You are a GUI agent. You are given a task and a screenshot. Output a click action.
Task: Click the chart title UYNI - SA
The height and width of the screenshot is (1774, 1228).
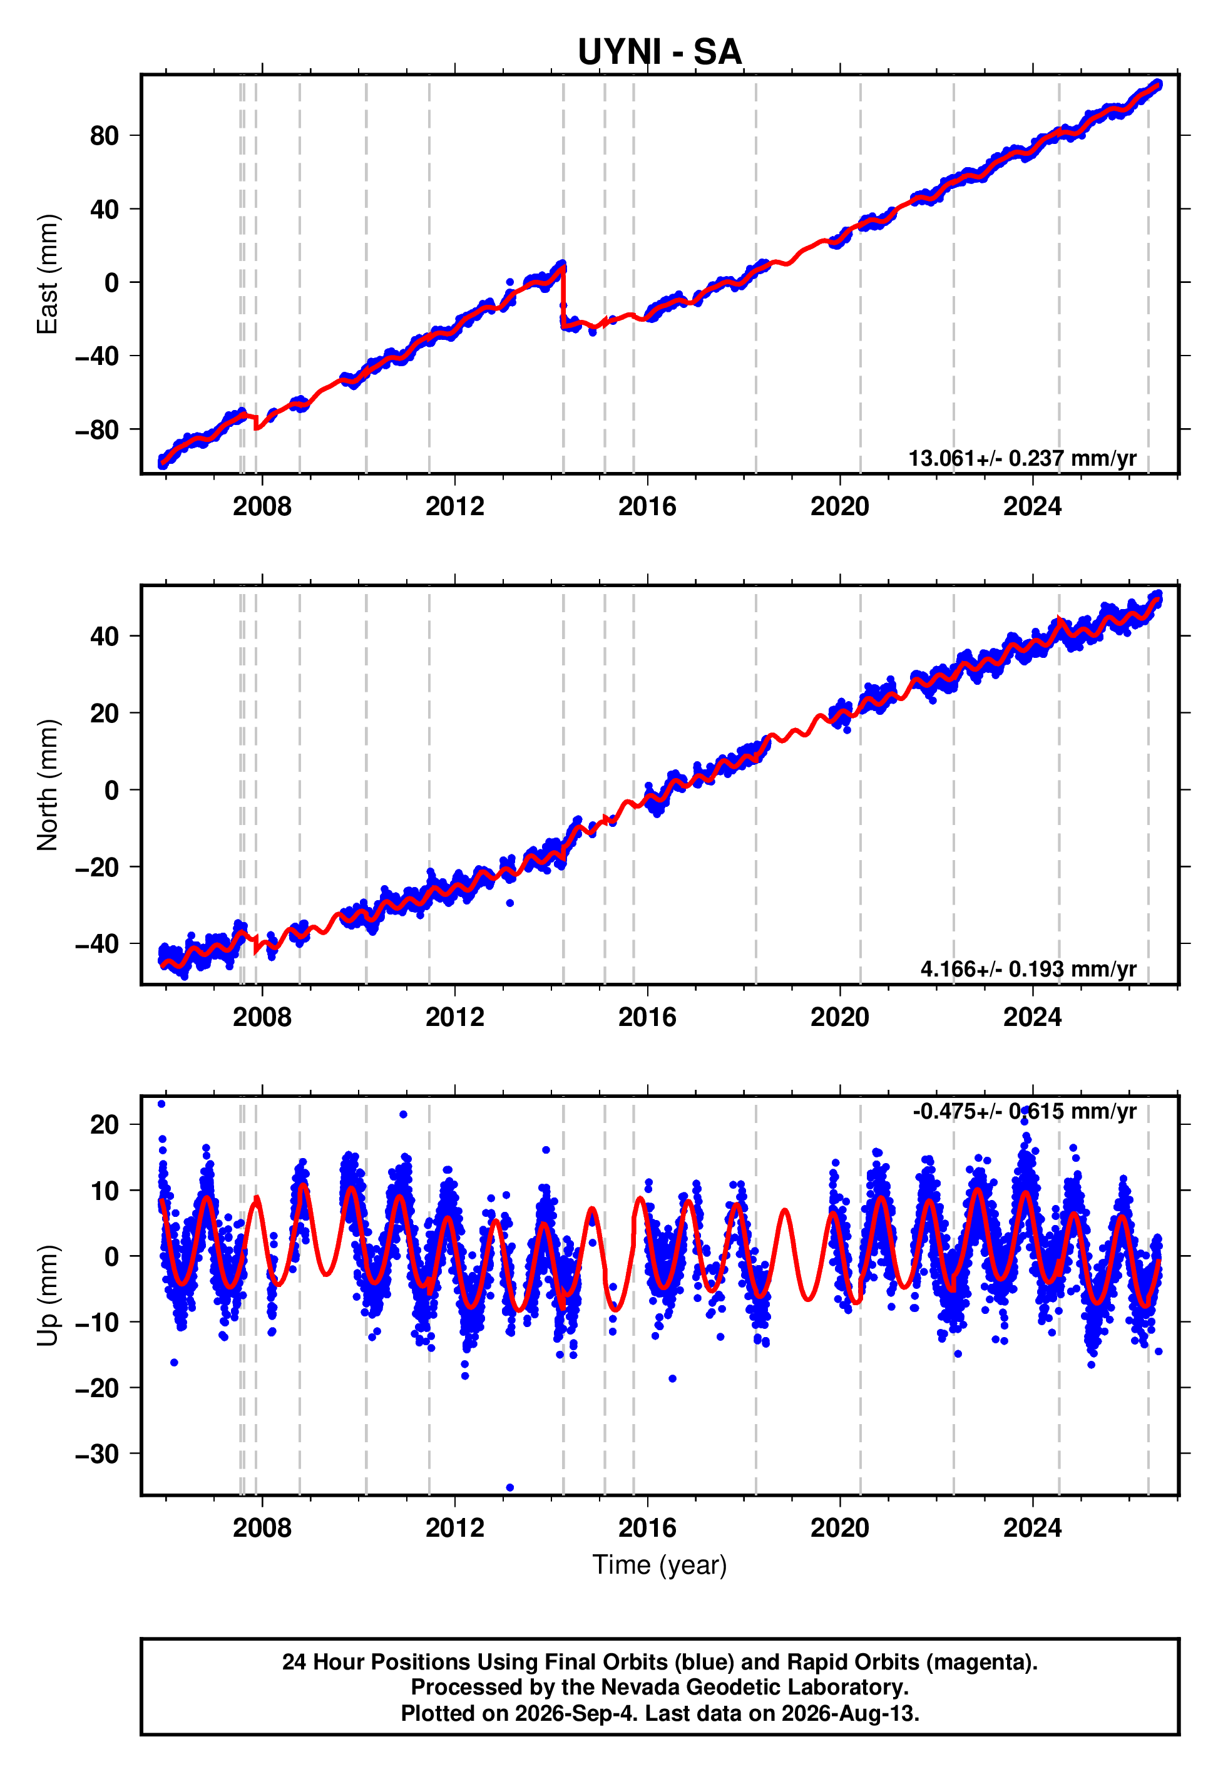(x=660, y=51)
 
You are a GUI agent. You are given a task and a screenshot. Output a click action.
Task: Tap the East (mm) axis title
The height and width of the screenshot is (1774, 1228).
(x=48, y=274)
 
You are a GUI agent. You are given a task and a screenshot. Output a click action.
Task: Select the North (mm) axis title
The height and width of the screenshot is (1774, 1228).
(x=48, y=785)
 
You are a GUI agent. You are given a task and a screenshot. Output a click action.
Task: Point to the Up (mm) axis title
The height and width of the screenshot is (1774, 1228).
(x=48, y=1296)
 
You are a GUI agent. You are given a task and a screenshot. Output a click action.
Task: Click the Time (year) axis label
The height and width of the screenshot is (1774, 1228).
(x=660, y=1565)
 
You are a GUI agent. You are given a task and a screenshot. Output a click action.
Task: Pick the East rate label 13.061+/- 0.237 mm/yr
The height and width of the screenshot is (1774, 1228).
(x=1022, y=458)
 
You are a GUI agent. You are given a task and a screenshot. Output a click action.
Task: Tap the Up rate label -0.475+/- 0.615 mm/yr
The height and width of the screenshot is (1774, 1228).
(x=1024, y=1112)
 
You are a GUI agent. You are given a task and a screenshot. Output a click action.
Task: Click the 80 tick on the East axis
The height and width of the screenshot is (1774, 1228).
(x=105, y=136)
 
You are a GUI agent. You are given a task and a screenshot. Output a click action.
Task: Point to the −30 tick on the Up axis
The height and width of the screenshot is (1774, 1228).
(x=97, y=1454)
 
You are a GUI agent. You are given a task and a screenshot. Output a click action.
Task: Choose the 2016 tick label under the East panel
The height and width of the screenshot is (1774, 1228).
(x=647, y=506)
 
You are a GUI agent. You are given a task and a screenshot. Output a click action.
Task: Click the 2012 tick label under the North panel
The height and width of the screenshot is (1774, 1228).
(x=455, y=1017)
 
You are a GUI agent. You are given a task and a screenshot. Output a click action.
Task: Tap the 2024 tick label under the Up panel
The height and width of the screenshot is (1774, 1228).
(x=1032, y=1528)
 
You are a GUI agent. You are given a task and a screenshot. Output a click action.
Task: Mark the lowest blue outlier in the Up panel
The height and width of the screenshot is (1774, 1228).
(x=509, y=1488)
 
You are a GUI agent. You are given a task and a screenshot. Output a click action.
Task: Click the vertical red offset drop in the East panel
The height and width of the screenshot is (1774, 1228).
(x=563, y=297)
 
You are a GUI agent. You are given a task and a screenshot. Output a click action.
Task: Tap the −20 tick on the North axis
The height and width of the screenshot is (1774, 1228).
(x=97, y=867)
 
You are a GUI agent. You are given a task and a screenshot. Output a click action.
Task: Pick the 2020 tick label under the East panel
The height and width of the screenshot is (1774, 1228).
(x=839, y=506)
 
